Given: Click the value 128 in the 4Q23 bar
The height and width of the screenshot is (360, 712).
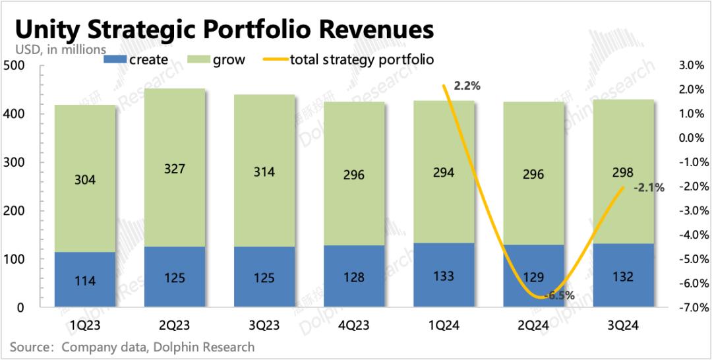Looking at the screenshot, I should pos(354,277).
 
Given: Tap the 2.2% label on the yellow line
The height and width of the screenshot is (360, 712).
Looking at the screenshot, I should pos(467,86).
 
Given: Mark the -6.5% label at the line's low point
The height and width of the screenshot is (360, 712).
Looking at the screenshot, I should pos(561,296).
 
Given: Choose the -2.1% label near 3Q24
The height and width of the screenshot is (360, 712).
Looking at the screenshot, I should pos(649,188).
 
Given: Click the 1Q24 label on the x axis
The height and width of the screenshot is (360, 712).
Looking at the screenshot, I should pos(444,325).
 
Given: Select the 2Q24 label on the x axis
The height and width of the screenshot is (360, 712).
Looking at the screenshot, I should pos(533,325).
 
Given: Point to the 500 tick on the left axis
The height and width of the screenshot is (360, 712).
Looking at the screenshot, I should pos(14,65).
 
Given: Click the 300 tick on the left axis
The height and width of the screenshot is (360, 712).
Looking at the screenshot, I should pos(14,162).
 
